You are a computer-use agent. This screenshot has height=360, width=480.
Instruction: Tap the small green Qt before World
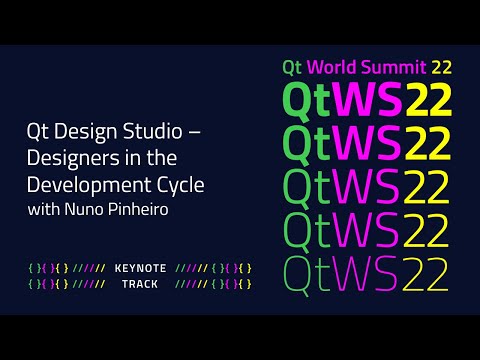[x=293, y=68]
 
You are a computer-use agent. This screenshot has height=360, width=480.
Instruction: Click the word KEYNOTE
[x=140, y=267]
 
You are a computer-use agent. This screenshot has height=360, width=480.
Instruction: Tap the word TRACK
[x=140, y=284]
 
